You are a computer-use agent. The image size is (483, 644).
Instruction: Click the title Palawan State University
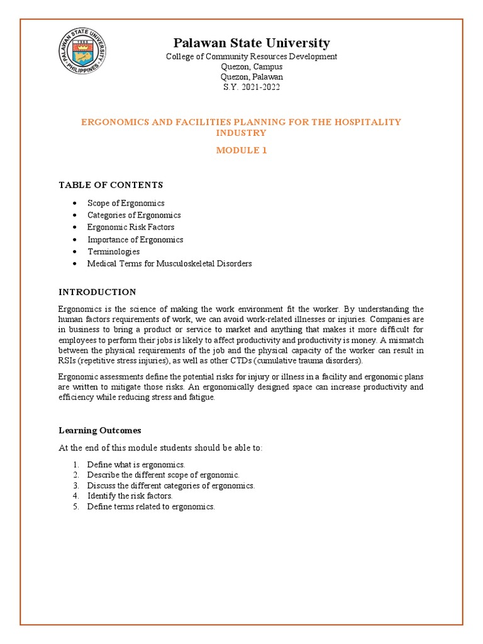251,43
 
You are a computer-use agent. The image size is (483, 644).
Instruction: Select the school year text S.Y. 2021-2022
251,87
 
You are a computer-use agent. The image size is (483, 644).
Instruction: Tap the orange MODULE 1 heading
241,150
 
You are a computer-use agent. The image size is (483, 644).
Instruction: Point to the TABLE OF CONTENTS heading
111,185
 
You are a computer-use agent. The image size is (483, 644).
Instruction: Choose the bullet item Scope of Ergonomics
126,203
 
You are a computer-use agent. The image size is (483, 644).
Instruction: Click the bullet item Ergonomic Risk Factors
131,227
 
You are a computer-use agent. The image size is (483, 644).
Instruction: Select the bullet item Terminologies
113,252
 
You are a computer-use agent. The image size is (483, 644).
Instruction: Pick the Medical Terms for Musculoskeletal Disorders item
169,264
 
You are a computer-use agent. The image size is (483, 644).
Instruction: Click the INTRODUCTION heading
97,292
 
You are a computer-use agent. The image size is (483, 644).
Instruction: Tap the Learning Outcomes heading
100,430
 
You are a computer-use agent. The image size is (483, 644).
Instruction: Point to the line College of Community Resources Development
251,57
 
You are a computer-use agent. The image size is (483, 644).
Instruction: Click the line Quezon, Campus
251,67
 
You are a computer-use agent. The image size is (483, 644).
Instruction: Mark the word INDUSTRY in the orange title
241,133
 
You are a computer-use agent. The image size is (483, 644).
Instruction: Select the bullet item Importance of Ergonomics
135,240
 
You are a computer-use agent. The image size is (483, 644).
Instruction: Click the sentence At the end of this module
160,447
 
